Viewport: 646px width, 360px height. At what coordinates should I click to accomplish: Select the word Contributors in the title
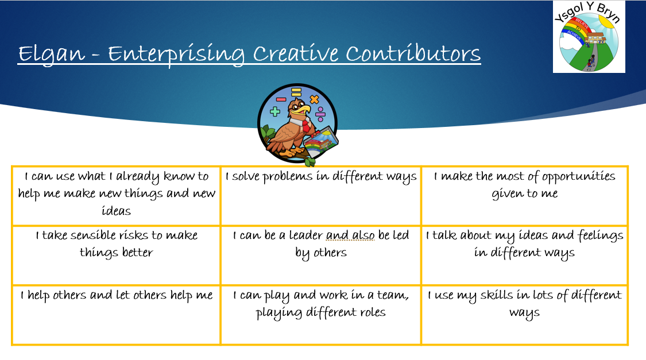(x=413, y=53)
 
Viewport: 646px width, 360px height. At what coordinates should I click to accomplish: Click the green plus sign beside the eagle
(x=275, y=111)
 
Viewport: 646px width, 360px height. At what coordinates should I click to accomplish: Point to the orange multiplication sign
(x=314, y=99)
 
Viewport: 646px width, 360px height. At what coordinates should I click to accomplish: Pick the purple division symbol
(x=320, y=114)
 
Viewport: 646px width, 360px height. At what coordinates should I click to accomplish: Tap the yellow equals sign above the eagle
(x=296, y=92)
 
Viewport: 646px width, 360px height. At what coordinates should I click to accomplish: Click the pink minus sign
(x=281, y=99)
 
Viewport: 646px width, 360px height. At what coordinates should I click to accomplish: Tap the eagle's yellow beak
(x=305, y=109)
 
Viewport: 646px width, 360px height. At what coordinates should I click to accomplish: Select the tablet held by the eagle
(x=322, y=142)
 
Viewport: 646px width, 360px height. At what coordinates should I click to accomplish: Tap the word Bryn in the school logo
(x=608, y=13)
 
